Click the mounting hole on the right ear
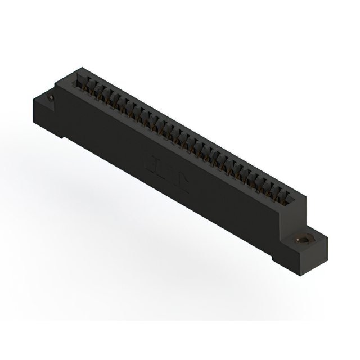(x=304, y=238)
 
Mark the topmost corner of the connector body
(x=77, y=68)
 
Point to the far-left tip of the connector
(x=33, y=103)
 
